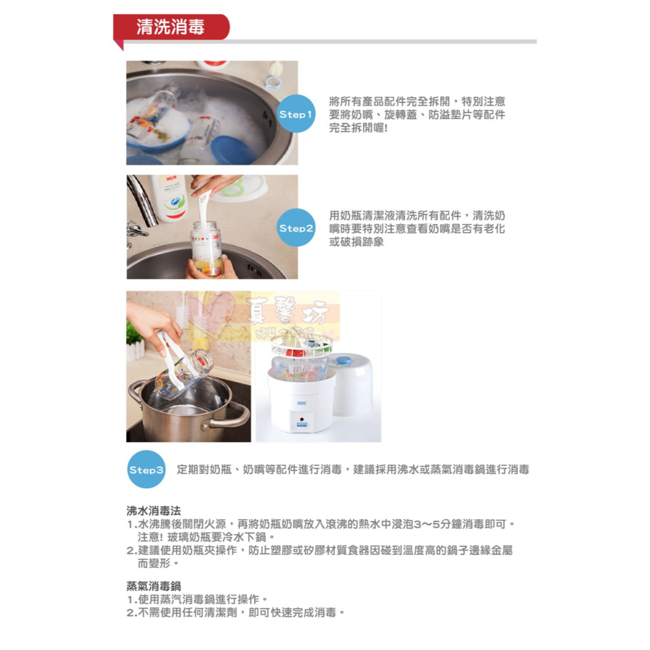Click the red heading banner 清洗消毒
pyautogui.click(x=170, y=27)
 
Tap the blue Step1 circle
pyautogui.click(x=296, y=114)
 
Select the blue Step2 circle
pyautogui.click(x=296, y=228)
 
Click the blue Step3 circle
pyautogui.click(x=146, y=469)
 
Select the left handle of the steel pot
pyautogui.click(x=136, y=393)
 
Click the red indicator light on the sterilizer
pyautogui.click(x=301, y=411)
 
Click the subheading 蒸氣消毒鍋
pyautogui.click(x=153, y=585)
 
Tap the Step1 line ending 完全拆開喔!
pyautogui.click(x=358, y=127)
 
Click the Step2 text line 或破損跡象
pyautogui.click(x=357, y=242)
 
